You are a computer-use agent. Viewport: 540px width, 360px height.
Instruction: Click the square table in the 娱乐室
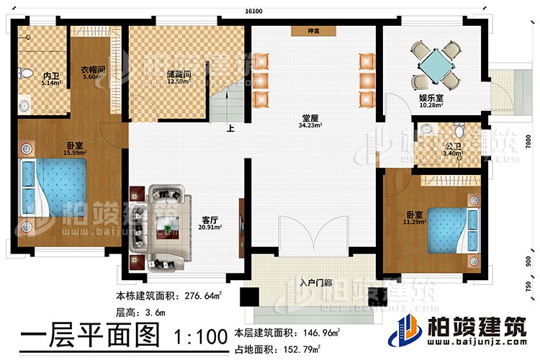click(x=434, y=63)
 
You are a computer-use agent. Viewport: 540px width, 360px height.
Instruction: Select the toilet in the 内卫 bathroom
click(x=26, y=73)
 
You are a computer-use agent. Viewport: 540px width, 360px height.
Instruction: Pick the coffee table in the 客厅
click(x=169, y=226)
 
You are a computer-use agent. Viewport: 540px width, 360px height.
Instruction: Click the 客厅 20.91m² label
click(x=211, y=225)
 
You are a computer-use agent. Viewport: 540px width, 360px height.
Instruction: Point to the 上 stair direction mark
click(x=230, y=131)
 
